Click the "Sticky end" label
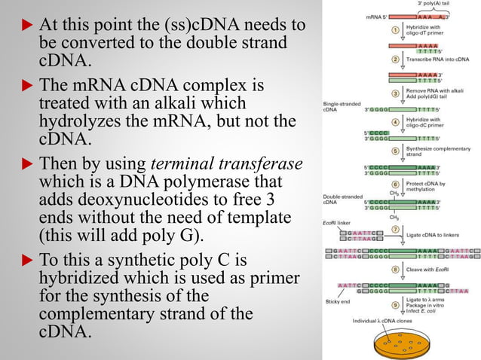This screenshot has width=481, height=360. (337, 300)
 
